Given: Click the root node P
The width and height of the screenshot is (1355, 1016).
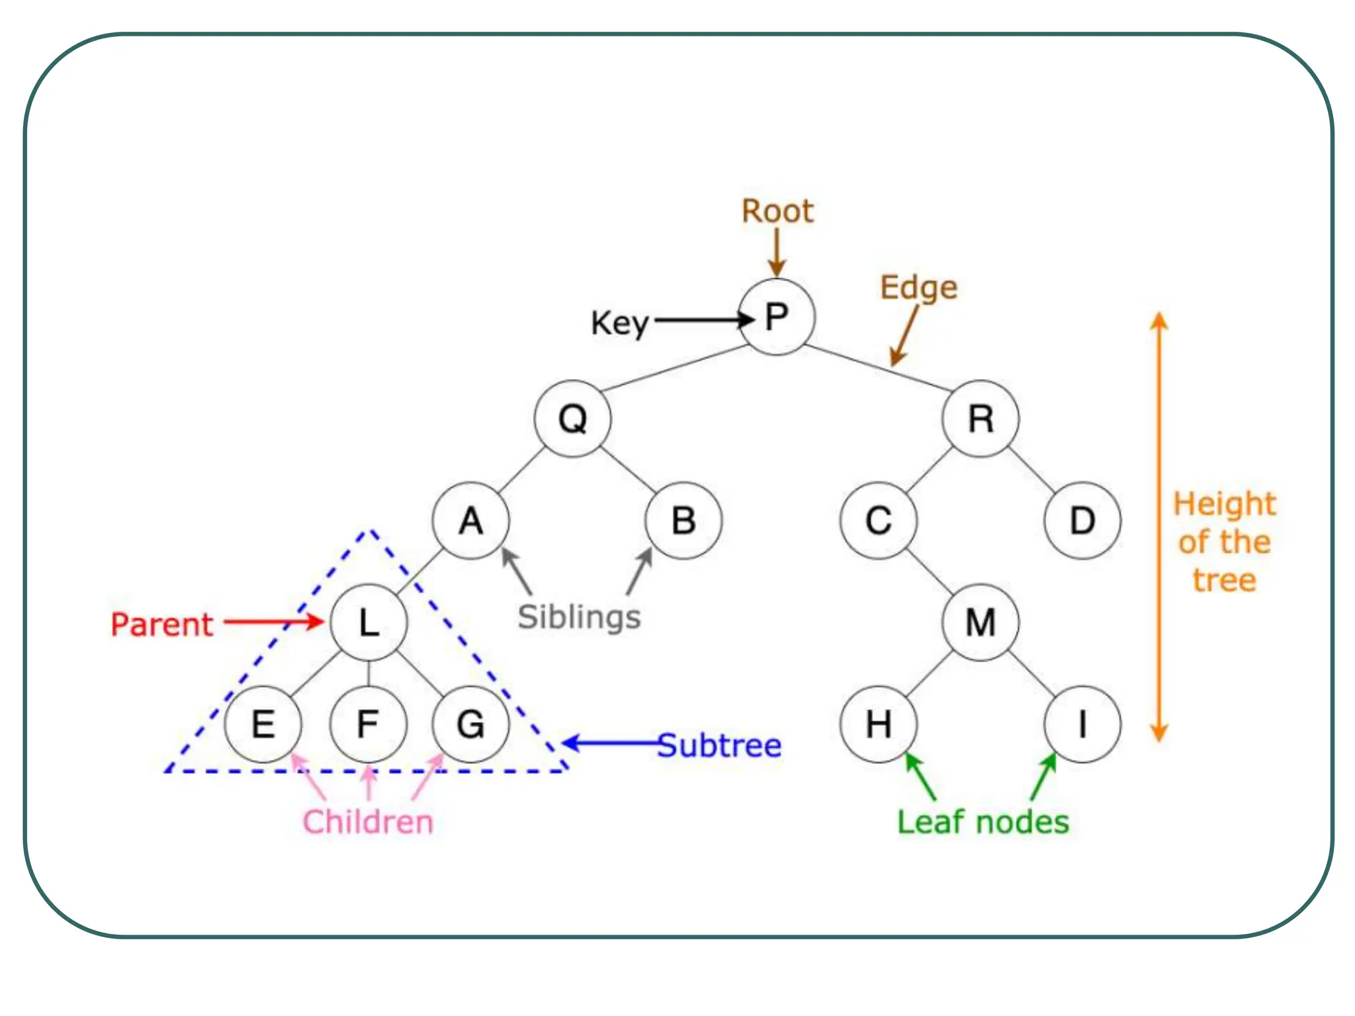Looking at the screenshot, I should [777, 317].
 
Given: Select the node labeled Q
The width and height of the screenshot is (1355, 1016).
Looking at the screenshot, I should [573, 419].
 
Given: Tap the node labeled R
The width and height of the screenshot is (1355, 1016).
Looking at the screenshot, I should [981, 419].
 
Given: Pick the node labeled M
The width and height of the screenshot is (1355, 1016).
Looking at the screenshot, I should [981, 622].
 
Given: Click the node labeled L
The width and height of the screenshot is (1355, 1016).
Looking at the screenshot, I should [369, 622].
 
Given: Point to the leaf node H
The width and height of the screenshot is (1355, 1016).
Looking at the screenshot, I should [879, 724].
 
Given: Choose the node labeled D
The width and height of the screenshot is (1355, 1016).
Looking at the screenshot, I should [1082, 521].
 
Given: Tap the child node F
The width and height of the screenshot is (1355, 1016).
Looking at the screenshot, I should [368, 724].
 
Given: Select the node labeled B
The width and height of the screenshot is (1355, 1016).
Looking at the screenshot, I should [684, 521].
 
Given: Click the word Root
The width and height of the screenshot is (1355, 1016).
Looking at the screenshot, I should [777, 212].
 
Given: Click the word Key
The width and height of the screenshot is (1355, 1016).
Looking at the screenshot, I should [619, 324].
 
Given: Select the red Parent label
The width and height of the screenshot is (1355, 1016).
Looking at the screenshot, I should [162, 624].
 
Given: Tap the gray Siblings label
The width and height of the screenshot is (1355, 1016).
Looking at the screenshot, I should [579, 618].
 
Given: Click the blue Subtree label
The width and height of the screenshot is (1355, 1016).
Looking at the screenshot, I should [720, 746].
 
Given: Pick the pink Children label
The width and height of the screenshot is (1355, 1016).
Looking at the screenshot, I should [368, 822].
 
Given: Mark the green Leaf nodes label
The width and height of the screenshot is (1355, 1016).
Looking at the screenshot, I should [983, 822].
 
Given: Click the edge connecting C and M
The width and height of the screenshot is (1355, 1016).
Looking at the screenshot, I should [930, 571].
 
